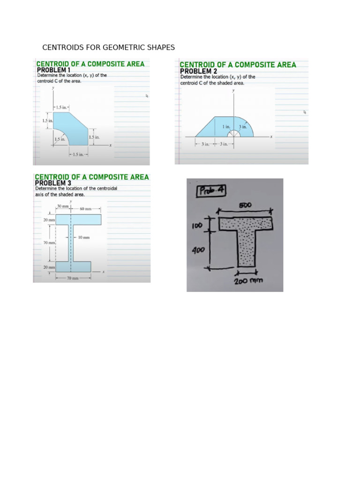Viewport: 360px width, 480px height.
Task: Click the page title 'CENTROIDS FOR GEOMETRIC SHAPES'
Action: (108, 47)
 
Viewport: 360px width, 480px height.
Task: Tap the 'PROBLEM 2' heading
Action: (195, 71)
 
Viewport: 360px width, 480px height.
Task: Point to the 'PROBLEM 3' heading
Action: (53, 183)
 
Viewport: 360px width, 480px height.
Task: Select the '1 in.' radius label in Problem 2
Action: (226, 127)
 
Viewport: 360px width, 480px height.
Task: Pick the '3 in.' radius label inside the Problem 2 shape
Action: (242, 127)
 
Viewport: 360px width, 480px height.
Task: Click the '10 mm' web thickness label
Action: (83, 238)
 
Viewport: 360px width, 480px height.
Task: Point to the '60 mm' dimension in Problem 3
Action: (85, 209)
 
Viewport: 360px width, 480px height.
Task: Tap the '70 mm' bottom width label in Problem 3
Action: (72, 278)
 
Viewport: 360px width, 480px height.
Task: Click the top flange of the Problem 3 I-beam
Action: (78, 219)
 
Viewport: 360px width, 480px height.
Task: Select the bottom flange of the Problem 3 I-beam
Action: (73, 267)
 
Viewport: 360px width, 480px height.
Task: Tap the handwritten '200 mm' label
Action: (249, 281)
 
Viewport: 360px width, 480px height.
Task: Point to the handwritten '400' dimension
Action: (199, 251)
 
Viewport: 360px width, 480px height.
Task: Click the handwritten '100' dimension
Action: (197, 226)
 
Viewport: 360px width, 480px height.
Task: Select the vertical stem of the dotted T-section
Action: (245, 248)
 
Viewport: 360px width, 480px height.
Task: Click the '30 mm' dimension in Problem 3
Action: (63, 206)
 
